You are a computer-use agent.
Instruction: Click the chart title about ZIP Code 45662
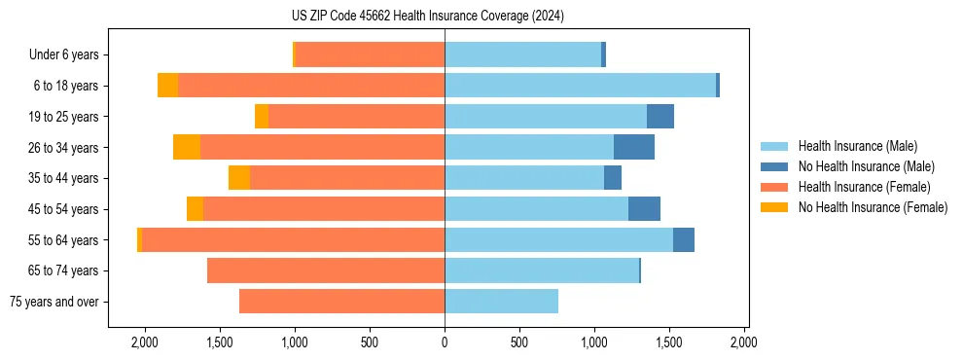(x=428, y=16)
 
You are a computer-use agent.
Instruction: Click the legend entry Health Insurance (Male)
(x=855, y=146)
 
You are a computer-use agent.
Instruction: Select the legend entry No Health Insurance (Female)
(x=872, y=207)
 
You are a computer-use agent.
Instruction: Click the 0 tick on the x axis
(x=445, y=342)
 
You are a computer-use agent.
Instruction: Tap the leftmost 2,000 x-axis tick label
(x=145, y=342)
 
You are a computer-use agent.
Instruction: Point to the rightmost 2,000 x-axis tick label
(x=744, y=342)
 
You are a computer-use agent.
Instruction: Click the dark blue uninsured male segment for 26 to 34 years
(x=634, y=147)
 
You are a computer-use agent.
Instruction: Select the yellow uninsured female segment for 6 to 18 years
(x=167, y=86)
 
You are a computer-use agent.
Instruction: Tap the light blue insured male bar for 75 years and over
(x=501, y=302)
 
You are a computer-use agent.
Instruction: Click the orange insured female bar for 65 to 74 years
(x=326, y=270)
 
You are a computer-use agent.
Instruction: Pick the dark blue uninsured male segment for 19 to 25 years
(x=660, y=116)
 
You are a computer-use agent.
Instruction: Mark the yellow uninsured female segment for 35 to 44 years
(x=239, y=178)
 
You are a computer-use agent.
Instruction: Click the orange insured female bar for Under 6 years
(x=370, y=54)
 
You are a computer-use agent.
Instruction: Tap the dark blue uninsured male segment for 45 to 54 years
(x=644, y=208)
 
